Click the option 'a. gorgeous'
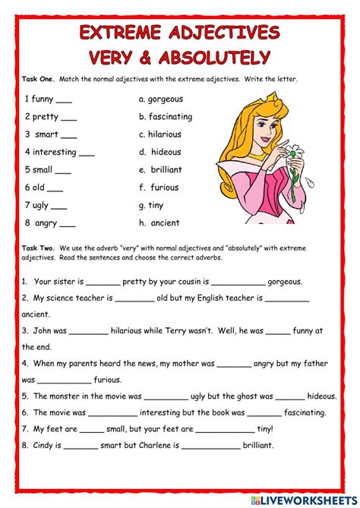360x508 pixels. click(x=161, y=99)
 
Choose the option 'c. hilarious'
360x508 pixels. click(x=159, y=134)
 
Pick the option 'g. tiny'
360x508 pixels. click(x=151, y=205)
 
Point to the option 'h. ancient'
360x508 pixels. click(x=159, y=223)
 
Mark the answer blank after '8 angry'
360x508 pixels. click(x=67, y=226)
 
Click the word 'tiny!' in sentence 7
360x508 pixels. click(x=264, y=430)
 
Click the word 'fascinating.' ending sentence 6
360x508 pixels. click(x=305, y=413)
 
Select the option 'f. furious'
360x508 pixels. click(x=159, y=188)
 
